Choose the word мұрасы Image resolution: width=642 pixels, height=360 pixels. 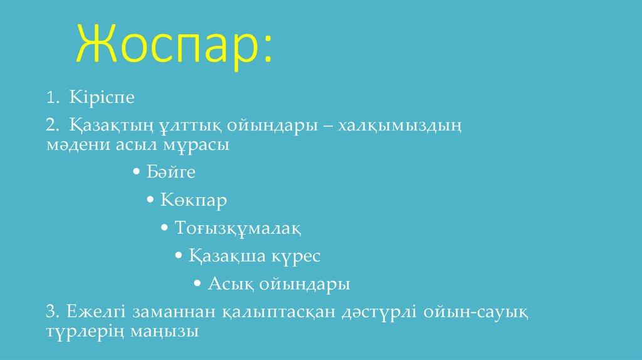click(x=201, y=146)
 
